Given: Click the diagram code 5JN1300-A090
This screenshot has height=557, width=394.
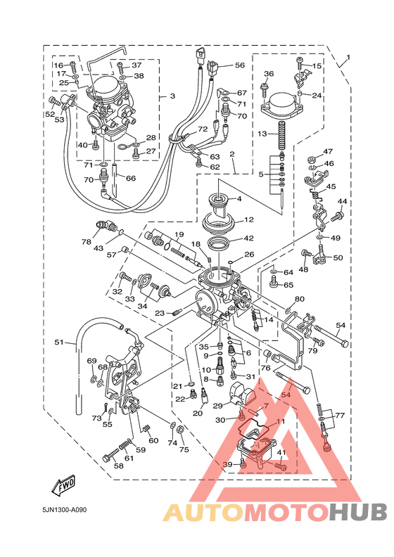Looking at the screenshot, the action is [x=64, y=510].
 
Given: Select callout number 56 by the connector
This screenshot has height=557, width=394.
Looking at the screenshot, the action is [x=240, y=65].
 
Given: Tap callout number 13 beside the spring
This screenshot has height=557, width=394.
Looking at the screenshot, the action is [x=262, y=134].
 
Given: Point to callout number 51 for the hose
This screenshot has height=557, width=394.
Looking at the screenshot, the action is [x=59, y=342].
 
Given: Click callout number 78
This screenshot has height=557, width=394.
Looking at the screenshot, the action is [x=87, y=242].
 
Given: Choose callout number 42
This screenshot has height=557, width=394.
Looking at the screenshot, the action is [x=248, y=238].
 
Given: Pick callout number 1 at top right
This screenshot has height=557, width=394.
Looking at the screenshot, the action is [x=348, y=57].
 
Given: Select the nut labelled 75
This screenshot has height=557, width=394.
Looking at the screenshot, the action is [x=180, y=430].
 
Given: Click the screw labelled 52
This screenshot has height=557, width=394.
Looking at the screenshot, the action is [x=55, y=101].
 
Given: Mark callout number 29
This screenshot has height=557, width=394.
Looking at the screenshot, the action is [x=217, y=406].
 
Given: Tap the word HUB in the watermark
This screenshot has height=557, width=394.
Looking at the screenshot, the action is [x=357, y=513].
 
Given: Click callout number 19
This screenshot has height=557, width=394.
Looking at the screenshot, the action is [x=179, y=234].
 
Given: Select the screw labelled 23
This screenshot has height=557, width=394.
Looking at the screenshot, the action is [x=177, y=313].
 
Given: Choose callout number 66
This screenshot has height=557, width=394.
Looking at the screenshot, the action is [x=131, y=178].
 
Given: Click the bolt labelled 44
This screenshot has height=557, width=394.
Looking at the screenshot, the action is [x=337, y=215].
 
